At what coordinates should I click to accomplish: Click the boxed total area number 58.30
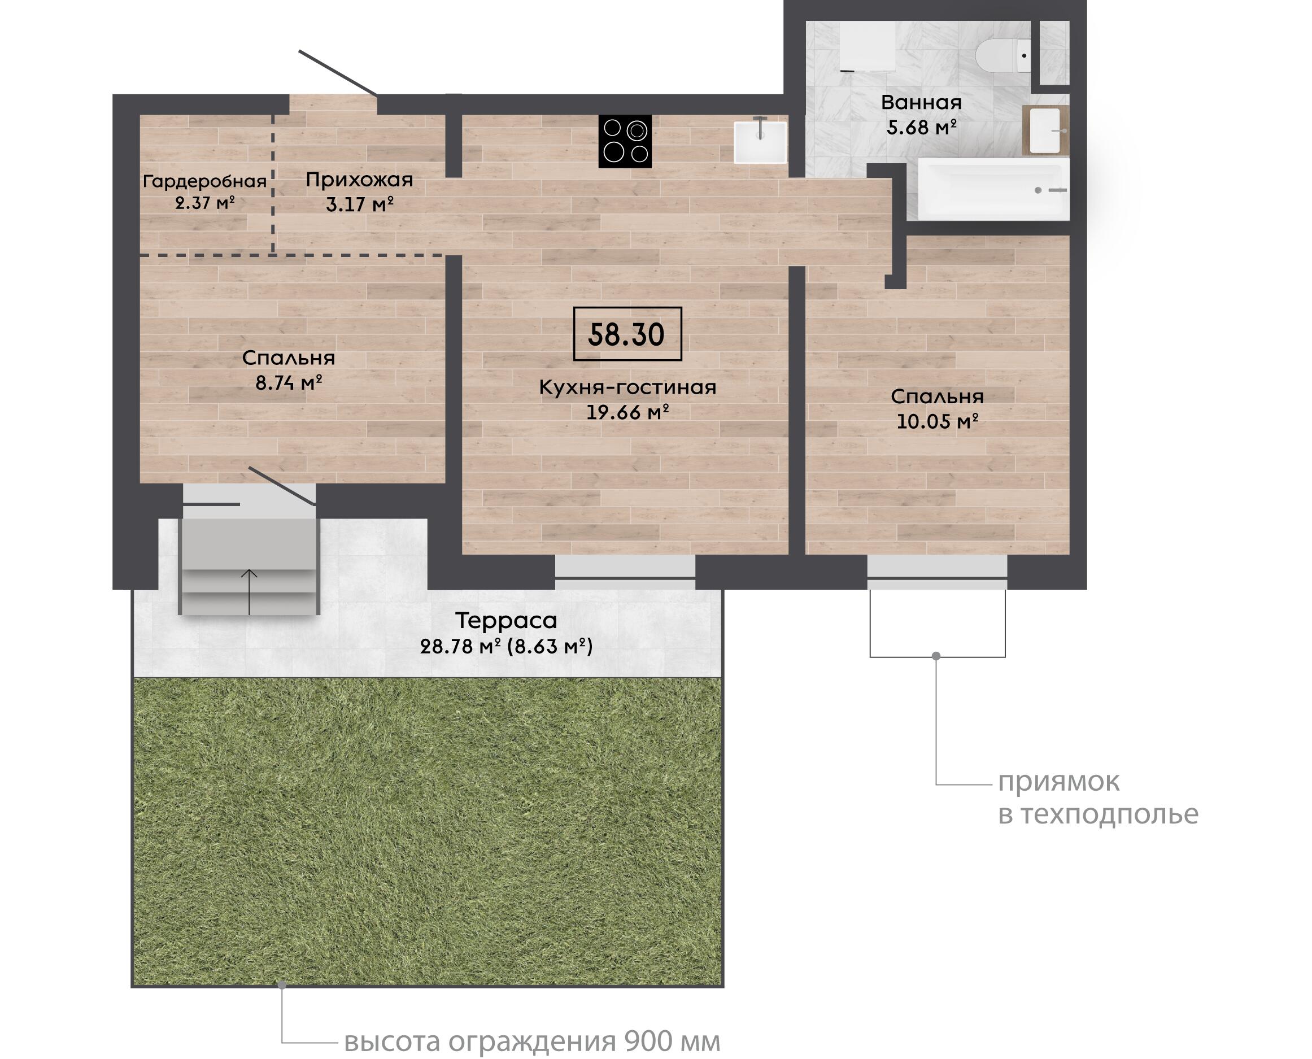(x=626, y=334)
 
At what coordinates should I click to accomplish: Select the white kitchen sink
(x=760, y=142)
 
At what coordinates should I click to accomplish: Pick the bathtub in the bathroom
(x=993, y=190)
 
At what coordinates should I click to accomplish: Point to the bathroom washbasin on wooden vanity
(x=1045, y=130)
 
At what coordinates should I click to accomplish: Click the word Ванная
(x=921, y=102)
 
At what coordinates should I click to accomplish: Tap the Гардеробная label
(x=205, y=181)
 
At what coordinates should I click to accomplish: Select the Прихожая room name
(x=359, y=180)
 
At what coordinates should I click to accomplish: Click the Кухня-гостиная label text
(x=627, y=387)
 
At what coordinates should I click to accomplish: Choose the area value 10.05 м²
(x=938, y=421)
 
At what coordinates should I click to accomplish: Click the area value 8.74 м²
(x=289, y=383)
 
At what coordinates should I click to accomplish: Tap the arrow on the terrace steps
(x=249, y=592)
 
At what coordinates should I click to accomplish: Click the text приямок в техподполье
(x=1098, y=798)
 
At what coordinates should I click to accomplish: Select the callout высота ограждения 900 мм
(x=532, y=1041)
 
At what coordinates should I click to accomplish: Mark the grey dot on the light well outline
(x=936, y=656)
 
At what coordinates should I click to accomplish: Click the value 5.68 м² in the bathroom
(x=921, y=128)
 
